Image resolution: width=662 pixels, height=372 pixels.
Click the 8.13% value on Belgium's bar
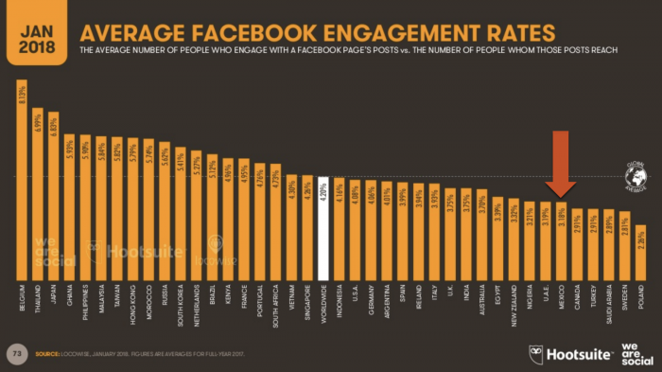tap(21, 99)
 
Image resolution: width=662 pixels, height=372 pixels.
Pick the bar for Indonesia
tap(339, 227)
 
